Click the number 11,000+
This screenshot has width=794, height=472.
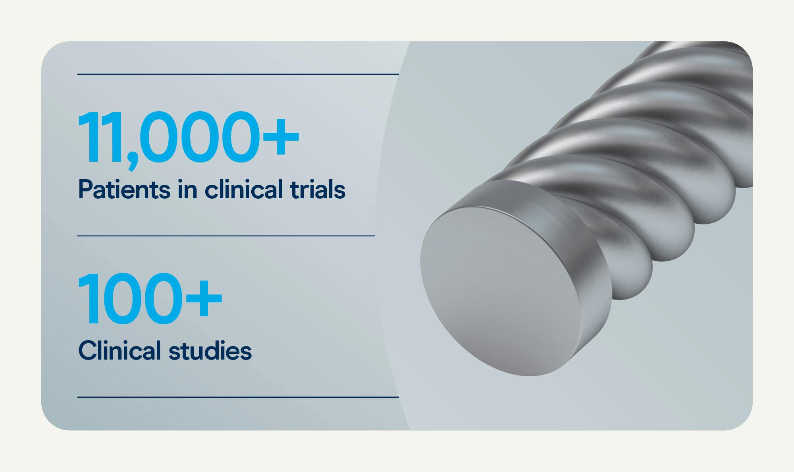tap(188, 137)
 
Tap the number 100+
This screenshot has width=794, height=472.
tap(150, 299)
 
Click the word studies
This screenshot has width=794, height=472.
tap(210, 350)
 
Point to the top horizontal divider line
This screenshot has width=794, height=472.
tap(238, 74)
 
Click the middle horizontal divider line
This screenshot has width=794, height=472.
tap(226, 236)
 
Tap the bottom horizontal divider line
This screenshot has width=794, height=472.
tap(238, 397)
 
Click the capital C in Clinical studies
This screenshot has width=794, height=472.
tap(89, 350)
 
